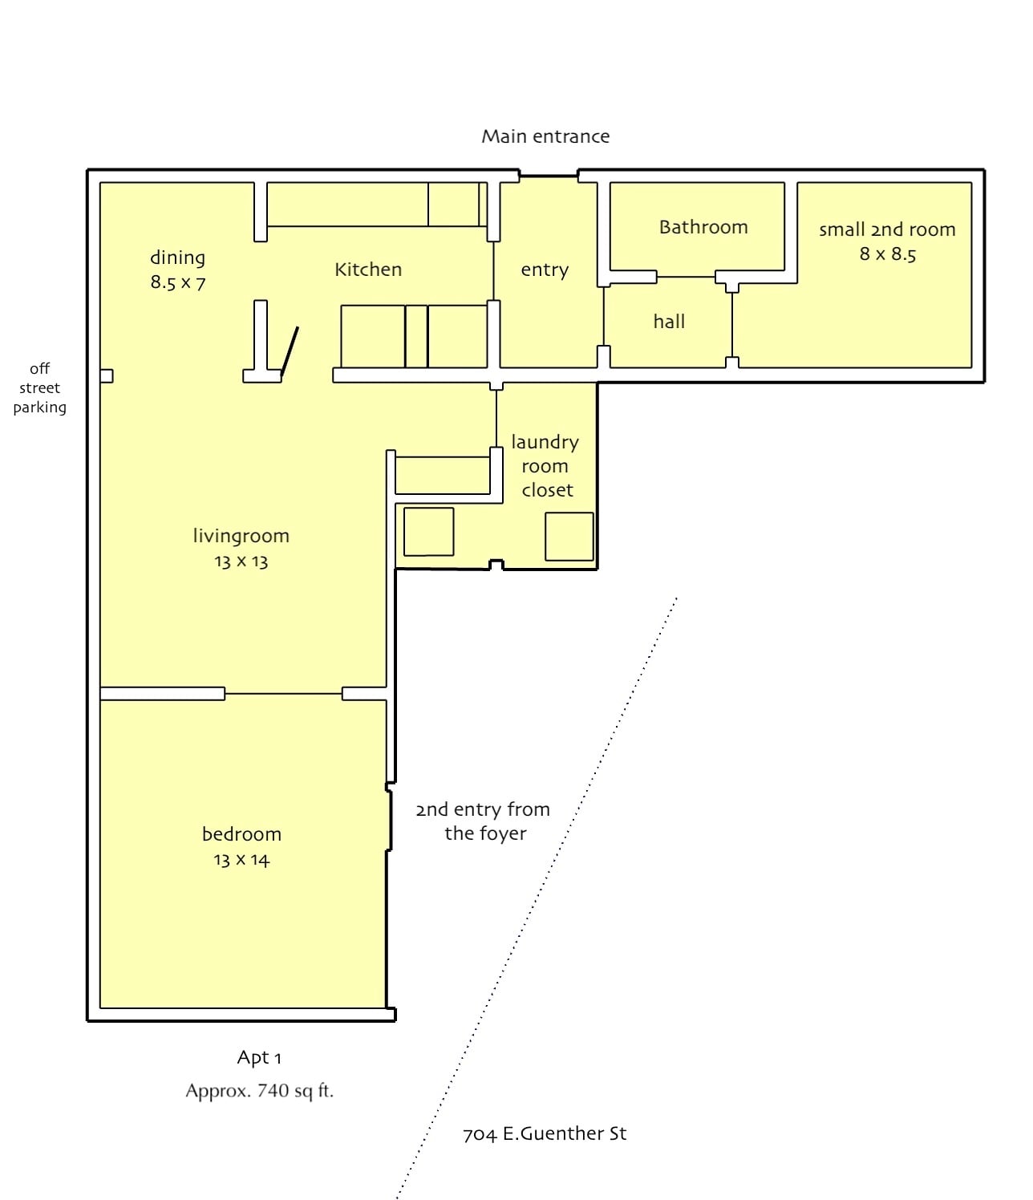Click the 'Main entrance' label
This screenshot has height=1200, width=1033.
545,136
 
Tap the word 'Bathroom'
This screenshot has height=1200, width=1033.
703,227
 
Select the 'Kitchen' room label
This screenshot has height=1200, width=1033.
368,270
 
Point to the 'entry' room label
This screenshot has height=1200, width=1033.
545,270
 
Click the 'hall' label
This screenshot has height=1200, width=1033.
669,322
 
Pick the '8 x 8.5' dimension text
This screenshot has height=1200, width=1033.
888,254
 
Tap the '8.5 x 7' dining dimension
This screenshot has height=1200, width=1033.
178,282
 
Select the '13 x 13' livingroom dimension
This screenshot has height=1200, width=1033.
241,561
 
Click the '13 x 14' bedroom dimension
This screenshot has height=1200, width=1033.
241,860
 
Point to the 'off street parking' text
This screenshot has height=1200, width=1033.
39,387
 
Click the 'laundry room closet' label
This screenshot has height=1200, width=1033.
545,466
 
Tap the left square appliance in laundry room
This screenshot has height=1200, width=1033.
428,531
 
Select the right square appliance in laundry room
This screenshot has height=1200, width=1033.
569,537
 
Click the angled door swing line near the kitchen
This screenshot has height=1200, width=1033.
290,351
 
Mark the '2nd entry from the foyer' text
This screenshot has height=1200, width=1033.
484,821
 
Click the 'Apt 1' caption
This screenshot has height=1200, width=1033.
259,1057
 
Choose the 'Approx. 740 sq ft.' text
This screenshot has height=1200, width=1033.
259,1091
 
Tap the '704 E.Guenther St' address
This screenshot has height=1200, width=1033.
545,1133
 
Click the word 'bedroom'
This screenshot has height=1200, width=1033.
241,834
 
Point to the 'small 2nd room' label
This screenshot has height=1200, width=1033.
887,229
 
